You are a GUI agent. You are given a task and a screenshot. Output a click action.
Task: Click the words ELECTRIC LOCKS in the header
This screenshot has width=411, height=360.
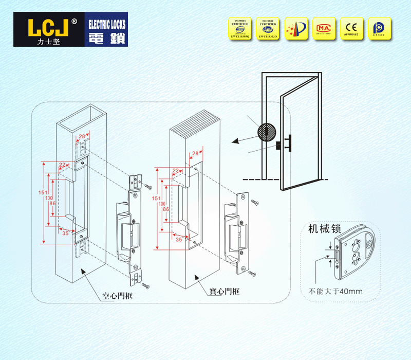point(107,24)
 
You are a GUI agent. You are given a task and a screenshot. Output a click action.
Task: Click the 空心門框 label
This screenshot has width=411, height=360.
point(117,296)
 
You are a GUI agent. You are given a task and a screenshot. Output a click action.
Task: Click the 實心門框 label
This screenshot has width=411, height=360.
point(225,291)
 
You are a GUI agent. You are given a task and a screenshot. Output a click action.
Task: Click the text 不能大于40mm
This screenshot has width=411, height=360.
point(335,291)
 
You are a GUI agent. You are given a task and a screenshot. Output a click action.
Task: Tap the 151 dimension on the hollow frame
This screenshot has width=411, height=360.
point(44,193)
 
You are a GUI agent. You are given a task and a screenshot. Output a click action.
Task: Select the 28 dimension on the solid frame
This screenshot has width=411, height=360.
point(195,154)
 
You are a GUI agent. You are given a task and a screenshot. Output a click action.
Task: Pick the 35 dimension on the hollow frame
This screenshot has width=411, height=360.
point(65,232)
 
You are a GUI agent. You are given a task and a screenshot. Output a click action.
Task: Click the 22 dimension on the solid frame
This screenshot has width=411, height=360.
point(176,171)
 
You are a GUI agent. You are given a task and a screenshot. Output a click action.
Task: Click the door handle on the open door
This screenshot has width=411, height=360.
point(289,143)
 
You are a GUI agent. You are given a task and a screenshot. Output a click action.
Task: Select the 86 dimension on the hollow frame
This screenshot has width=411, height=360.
point(52,204)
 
